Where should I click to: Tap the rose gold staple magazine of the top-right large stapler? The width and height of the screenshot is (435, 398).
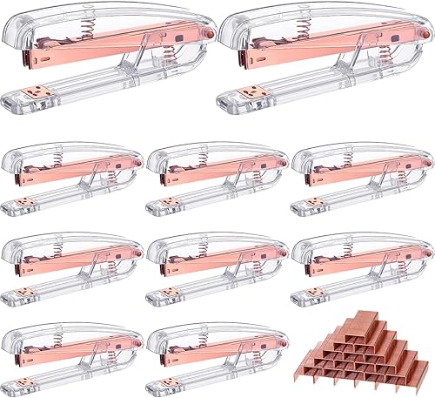(324, 54)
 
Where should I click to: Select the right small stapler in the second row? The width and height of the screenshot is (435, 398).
(362, 179)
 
